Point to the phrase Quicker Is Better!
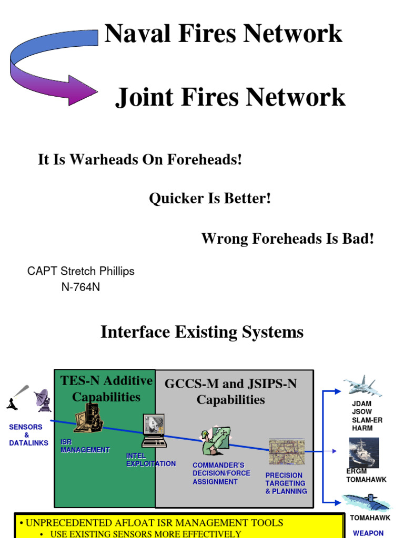[x=210, y=199]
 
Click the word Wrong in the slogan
[x=225, y=239]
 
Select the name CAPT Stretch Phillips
[x=80, y=271]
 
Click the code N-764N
[x=80, y=287]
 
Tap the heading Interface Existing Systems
[x=202, y=332]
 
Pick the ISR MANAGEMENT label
[x=85, y=446]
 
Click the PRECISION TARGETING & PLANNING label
[x=286, y=483]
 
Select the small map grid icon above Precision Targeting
[x=286, y=451]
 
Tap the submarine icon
[x=366, y=502]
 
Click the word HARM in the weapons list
[x=362, y=428]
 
